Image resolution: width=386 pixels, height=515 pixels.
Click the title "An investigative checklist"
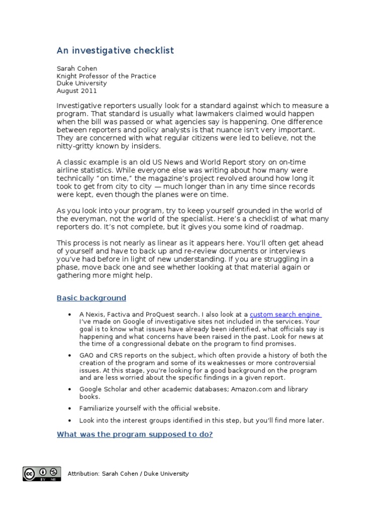115,51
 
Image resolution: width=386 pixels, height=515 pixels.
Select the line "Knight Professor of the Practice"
106,76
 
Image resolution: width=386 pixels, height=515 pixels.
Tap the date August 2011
76,91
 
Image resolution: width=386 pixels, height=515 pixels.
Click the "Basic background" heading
91,298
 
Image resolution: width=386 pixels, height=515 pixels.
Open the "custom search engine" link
285,314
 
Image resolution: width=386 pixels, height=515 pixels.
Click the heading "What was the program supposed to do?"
135,434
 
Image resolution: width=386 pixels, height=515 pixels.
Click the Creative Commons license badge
41,474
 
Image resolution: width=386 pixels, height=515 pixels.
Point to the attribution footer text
128,473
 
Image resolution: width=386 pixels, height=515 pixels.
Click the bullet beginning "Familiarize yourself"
150,408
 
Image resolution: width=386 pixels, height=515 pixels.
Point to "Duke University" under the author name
81,83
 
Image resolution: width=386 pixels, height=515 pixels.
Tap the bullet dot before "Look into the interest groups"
69,420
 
